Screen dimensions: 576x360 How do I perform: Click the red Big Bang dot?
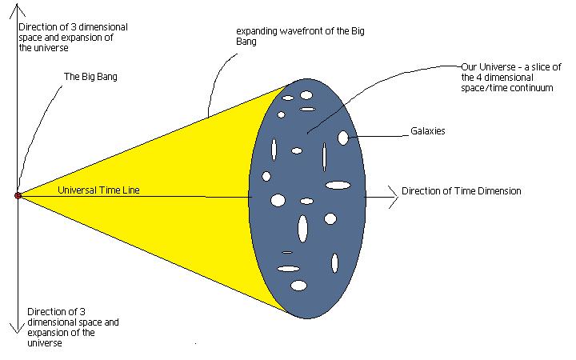[x=18, y=195]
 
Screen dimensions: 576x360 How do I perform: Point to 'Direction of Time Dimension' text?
[x=461, y=191]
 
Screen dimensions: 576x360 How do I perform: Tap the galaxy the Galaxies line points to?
[x=343, y=138]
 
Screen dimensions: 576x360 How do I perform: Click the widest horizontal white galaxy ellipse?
[x=338, y=186]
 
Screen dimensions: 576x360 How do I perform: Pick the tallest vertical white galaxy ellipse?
[x=303, y=228]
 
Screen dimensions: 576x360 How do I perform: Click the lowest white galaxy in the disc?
[x=298, y=286]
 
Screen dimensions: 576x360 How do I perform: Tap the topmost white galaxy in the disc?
[x=306, y=95]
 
